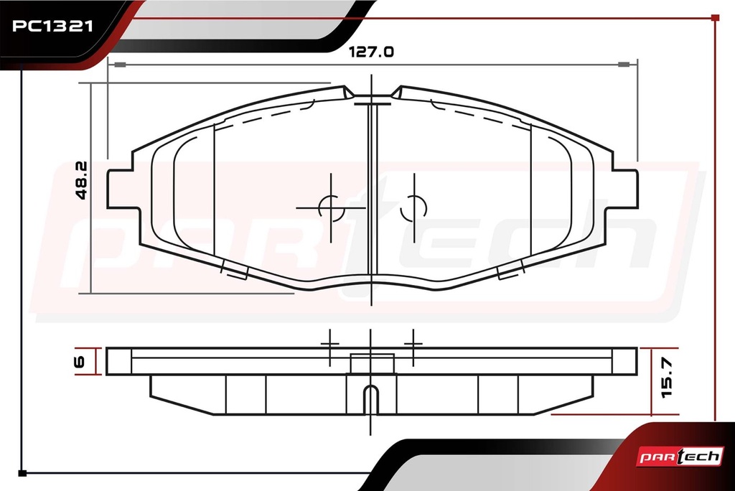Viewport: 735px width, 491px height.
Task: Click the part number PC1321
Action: tap(52, 26)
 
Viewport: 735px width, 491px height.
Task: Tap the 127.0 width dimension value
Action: tap(371, 52)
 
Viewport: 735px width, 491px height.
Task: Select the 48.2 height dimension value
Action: tap(81, 181)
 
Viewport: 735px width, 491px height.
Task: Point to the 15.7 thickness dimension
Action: tap(667, 378)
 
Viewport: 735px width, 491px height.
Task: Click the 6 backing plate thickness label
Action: tap(79, 362)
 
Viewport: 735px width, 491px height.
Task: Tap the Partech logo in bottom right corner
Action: tap(679, 457)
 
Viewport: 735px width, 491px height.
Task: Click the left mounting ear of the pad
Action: tap(120, 189)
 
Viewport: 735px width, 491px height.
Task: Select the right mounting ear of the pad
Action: tap(625, 189)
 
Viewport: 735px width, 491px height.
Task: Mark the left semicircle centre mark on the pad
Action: tap(332, 208)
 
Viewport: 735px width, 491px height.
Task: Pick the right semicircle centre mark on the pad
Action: tap(413, 208)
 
